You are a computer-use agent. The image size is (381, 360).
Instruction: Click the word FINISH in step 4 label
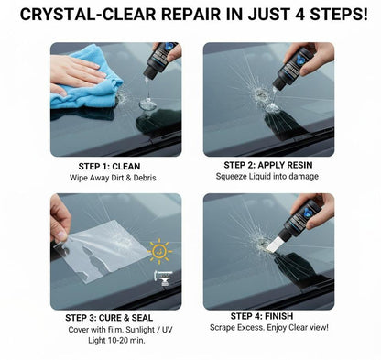pos(286,317)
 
